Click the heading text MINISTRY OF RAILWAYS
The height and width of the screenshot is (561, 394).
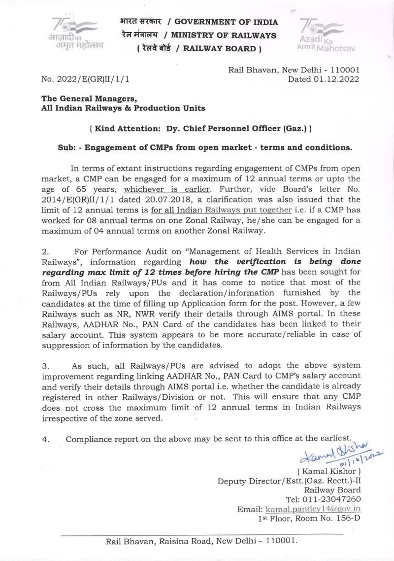pyautogui.click(x=224, y=35)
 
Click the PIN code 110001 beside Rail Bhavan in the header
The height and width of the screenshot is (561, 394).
pyautogui.click(x=343, y=70)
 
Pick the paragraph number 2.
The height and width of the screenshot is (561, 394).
pyautogui.click(x=45, y=251)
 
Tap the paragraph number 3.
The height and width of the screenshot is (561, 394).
pyautogui.click(x=45, y=366)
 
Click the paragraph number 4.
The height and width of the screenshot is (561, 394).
pyautogui.click(x=45, y=439)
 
